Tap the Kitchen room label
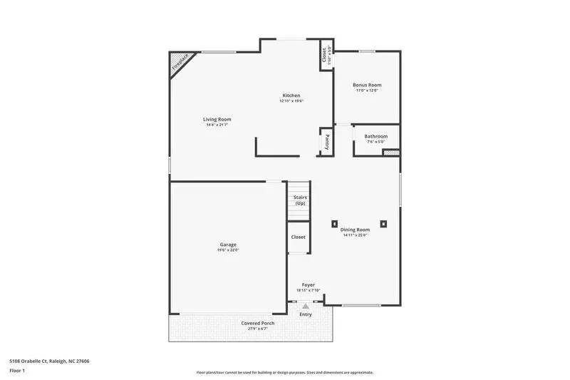[x=291, y=96]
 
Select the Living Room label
[x=217, y=119]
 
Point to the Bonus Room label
[x=367, y=85]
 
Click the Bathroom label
[x=375, y=136]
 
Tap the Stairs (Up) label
[x=299, y=200]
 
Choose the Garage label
[x=227, y=245]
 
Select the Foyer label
[x=308, y=284]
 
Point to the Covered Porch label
[x=257, y=323]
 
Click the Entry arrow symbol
[x=306, y=306]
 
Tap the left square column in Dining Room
[x=333, y=224]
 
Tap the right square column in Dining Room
[x=383, y=224]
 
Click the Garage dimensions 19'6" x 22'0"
[x=227, y=250]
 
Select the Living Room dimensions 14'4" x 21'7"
[x=217, y=125]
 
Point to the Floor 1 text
[x=16, y=371]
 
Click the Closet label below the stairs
[x=298, y=237]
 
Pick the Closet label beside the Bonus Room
[x=324, y=54]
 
